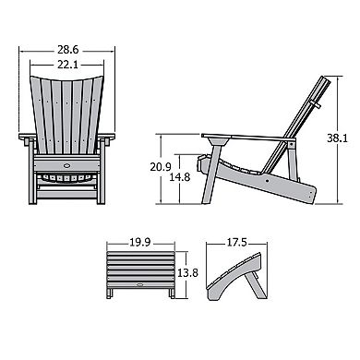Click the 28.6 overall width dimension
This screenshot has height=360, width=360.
point(67,50)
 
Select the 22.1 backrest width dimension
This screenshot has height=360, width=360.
point(67,65)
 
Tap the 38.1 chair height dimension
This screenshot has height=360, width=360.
point(337,138)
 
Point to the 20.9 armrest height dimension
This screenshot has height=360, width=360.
point(161,167)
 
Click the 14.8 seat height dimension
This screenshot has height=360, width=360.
point(180,177)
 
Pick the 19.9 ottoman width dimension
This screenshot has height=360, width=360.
point(140,242)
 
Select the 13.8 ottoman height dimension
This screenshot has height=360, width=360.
point(187,272)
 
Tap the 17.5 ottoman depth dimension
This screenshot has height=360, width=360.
point(236,242)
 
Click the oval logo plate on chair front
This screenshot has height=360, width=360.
point(66,165)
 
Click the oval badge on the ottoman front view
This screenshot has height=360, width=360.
point(140,284)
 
